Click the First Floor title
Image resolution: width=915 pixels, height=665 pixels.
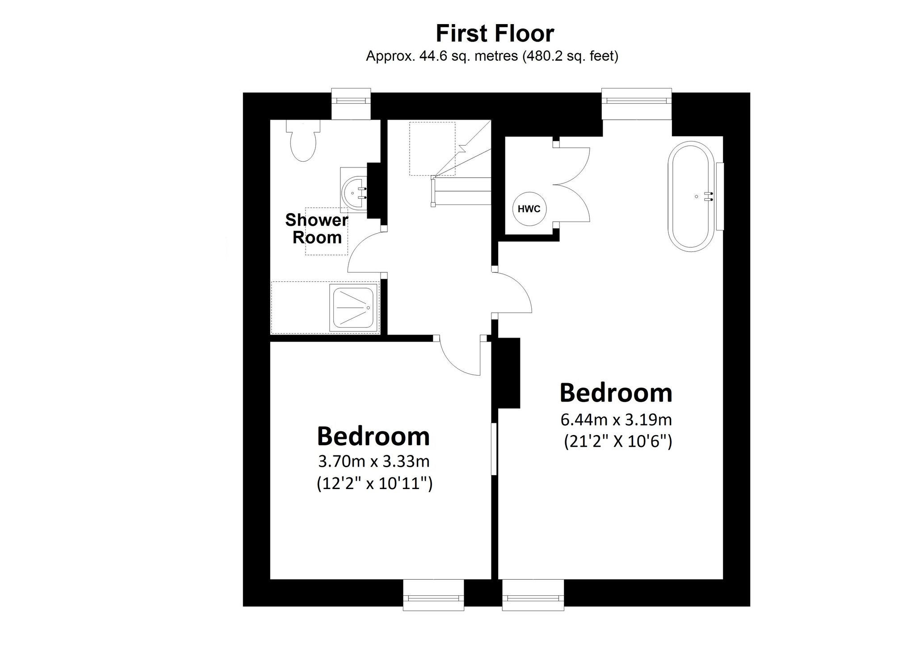(x=495, y=33)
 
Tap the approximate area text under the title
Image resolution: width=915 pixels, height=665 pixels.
(x=492, y=56)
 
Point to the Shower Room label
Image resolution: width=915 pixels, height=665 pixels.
(x=316, y=229)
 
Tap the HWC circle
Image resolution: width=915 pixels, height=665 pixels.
(x=529, y=209)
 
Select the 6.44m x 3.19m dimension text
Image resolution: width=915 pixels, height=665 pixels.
(x=616, y=420)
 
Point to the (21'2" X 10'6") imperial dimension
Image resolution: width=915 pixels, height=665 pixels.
(x=617, y=441)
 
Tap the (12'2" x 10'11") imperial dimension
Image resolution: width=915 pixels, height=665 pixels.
(x=374, y=484)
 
